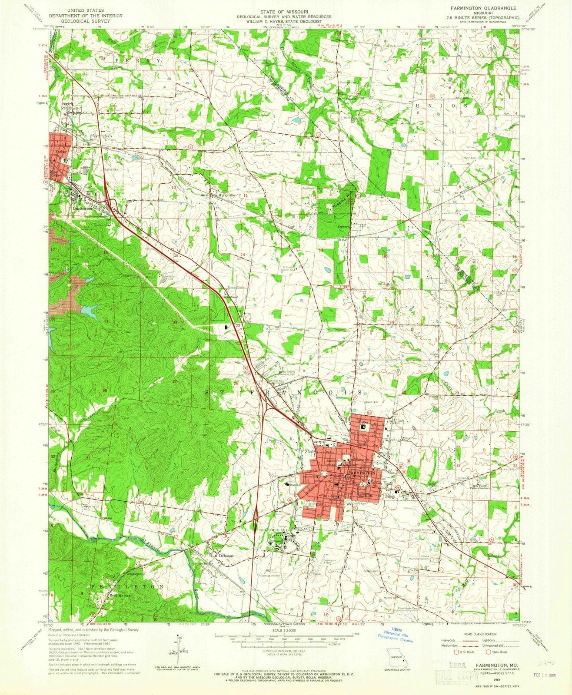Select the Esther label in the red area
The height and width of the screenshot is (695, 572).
[x=61, y=152]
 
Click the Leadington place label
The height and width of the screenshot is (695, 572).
[x=80, y=208]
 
